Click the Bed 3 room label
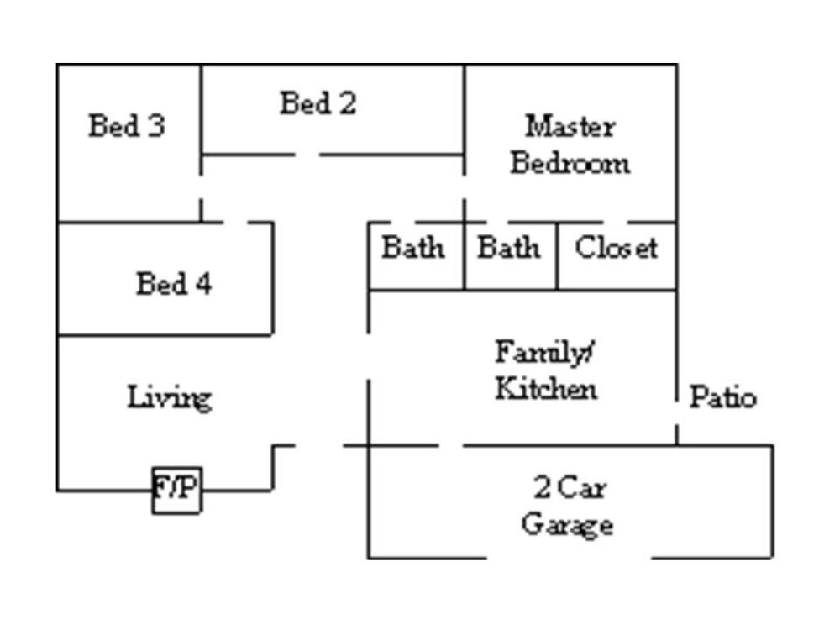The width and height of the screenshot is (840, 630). [127, 126]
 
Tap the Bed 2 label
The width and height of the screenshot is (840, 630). [318, 103]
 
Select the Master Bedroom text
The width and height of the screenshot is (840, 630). [570, 144]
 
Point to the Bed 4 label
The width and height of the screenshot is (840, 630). [174, 284]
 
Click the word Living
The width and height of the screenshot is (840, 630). [169, 397]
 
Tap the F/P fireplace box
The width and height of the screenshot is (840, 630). [176, 489]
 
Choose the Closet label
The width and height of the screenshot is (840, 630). [616, 249]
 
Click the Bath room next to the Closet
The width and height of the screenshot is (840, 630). [509, 249]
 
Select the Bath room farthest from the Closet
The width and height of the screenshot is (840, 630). [413, 249]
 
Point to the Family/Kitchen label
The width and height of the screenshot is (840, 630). [546, 370]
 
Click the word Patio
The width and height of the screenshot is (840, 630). [722, 397]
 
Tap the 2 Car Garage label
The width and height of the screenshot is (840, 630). [568, 506]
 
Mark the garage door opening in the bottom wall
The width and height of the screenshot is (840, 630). [569, 558]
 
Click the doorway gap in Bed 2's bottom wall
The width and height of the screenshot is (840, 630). [307, 155]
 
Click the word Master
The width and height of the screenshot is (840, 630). [570, 127]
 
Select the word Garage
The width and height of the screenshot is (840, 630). [567, 525]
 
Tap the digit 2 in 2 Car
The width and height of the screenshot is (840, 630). [543, 486]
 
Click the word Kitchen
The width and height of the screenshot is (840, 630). [546, 389]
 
